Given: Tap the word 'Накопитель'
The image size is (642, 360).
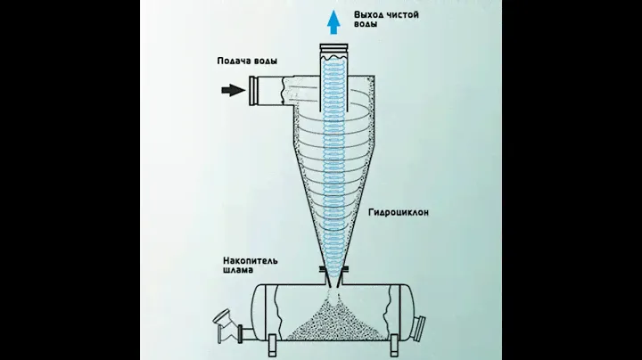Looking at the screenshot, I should point(251,262).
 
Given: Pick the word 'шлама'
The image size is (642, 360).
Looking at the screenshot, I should point(238,272).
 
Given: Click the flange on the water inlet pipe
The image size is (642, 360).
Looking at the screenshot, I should point(254,90).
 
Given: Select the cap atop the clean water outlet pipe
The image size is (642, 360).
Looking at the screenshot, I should point(333,50).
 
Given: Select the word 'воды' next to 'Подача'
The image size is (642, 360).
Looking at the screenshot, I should point(264,61).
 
